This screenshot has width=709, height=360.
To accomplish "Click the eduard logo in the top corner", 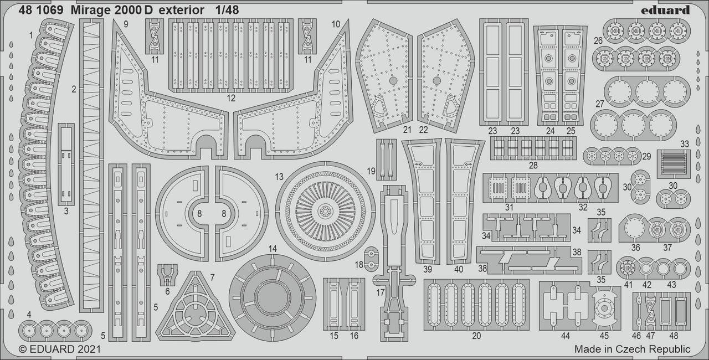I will click(x=665, y=9).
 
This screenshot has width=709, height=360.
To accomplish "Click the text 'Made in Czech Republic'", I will click(x=632, y=349).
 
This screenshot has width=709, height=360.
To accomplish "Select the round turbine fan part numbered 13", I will click(x=325, y=211).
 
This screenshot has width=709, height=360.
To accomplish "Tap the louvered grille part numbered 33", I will click(x=674, y=163).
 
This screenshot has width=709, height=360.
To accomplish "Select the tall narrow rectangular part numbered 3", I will click(x=66, y=164).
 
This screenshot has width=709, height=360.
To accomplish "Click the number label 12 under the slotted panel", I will click(x=231, y=98).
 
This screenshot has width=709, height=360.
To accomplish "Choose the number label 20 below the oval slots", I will click(x=476, y=335).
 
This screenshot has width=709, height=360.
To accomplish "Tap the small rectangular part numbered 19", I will click(x=387, y=158).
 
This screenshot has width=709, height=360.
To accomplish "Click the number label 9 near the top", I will click(x=125, y=24).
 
